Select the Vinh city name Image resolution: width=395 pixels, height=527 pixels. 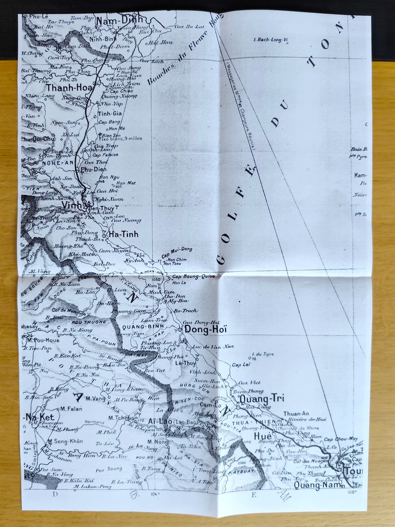point(71,203)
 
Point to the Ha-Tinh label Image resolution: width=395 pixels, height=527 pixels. point(122,233)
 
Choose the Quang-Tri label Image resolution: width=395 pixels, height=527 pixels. point(256,398)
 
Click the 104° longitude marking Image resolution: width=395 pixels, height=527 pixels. point(156,493)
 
